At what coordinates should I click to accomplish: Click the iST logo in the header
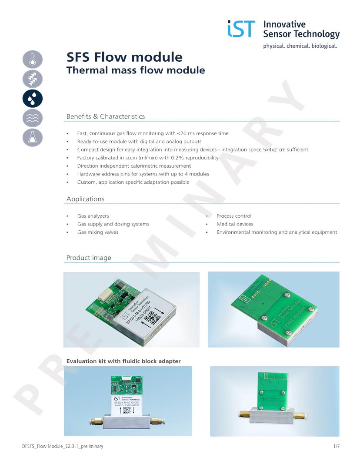241,29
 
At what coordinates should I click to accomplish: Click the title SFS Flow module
124,57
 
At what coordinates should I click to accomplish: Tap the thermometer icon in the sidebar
33,60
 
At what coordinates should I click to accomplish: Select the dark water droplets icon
33,98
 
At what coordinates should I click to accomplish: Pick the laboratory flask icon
33,137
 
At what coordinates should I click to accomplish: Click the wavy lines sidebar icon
33,118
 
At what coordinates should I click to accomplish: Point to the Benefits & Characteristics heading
105,116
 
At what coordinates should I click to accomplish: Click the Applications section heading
85,199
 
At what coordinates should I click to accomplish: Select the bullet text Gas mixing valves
97,232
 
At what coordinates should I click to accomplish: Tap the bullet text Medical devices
235,224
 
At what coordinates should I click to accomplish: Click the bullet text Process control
234,216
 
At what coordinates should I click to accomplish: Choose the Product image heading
89,258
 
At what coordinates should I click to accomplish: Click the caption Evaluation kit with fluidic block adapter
123,361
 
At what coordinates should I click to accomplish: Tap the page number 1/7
336,446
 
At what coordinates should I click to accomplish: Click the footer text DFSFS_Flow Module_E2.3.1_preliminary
63,446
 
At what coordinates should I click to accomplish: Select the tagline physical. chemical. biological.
300,46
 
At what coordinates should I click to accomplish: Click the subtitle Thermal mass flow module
135,70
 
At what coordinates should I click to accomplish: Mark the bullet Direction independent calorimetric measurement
134,166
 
